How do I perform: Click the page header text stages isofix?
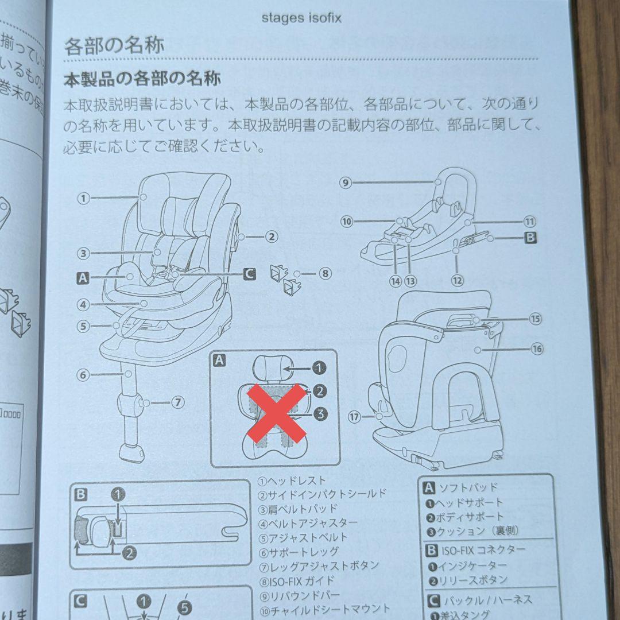[301, 18]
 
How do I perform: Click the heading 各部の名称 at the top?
[114, 46]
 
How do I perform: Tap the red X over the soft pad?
[276, 413]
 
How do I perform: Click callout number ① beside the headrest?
[84, 199]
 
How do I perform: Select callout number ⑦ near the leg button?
[178, 402]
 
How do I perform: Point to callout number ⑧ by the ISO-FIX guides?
[325, 273]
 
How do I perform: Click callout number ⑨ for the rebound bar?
[345, 183]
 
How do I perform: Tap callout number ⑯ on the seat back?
[537, 348]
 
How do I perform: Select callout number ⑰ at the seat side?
[354, 417]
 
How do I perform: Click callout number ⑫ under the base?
[457, 281]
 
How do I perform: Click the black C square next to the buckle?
[249, 274]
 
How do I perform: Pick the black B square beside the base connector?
[531, 237]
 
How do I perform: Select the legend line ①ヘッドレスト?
[292, 480]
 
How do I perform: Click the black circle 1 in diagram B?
[117, 494]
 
